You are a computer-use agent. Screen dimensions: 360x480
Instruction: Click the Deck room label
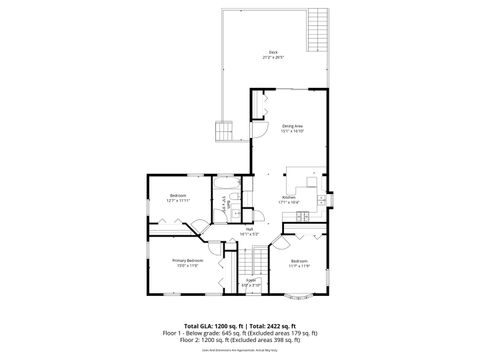272,51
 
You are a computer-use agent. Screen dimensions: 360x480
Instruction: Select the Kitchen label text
288,197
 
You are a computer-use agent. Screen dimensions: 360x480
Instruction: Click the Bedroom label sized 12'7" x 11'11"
177,194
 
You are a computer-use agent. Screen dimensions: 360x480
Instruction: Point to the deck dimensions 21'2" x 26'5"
272,57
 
